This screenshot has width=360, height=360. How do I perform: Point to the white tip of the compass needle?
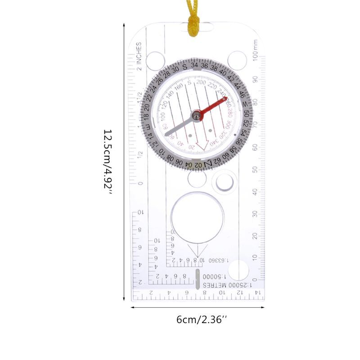[167, 134]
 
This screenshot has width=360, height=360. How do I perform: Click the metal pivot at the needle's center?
[196, 116]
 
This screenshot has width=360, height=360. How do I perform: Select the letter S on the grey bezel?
[185, 66]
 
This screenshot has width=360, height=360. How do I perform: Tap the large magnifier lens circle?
[197, 217]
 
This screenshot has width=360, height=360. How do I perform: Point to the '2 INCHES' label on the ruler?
[139, 56]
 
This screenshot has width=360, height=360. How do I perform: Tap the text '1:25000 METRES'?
[227, 286]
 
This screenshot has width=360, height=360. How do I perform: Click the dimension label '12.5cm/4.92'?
[108, 162]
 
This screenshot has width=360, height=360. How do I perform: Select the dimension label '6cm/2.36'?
[202, 320]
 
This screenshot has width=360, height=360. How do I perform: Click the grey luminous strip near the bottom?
[198, 279]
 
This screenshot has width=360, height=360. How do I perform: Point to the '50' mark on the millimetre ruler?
[255, 170]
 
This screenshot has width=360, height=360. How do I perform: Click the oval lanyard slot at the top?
[197, 27]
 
